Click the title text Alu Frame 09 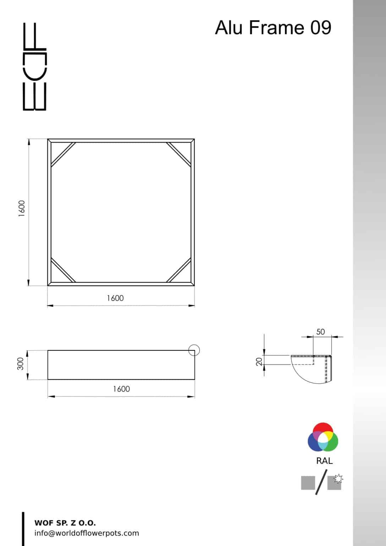pos(273,28)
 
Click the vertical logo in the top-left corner pos(34,66)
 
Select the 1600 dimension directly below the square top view pos(115,298)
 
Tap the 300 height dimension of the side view pos(21,364)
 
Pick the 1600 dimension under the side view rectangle pos(121,389)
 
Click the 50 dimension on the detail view pos(320,332)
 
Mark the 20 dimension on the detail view pos(259,361)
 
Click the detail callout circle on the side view pos(194,350)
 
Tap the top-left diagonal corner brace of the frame pos(63,154)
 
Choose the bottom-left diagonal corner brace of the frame pos(63,270)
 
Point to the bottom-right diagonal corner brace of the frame pos(179,270)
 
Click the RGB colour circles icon pos(323,437)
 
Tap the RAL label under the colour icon pos(324,461)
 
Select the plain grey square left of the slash pos(308,483)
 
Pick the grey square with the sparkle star pos(335,482)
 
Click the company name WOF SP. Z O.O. pos(65,523)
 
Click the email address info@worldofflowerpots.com pos(87,533)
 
